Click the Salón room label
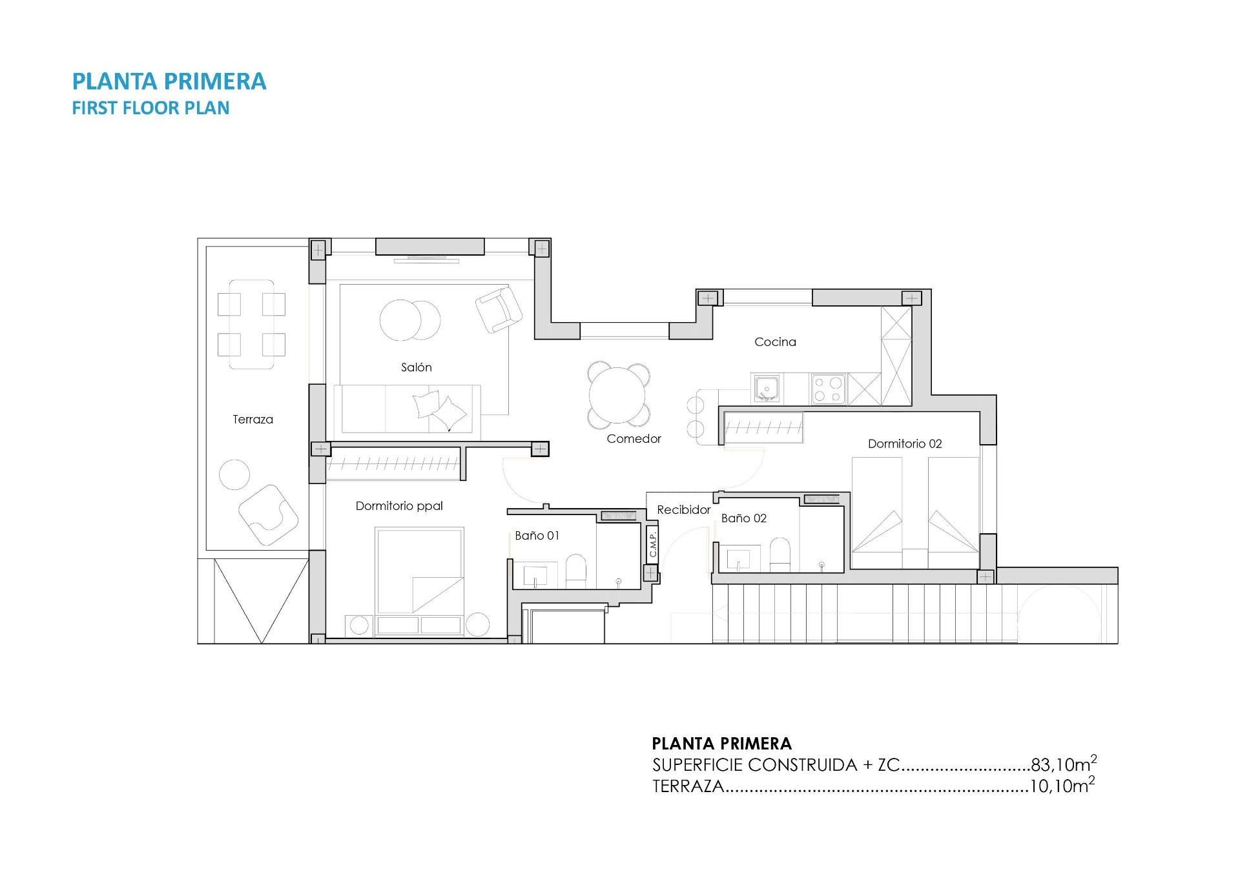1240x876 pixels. point(416,367)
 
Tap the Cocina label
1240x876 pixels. point(775,342)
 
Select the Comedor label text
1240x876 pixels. point(634,439)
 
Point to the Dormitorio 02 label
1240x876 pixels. point(904,443)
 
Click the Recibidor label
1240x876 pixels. point(683,510)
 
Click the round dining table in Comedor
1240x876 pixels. point(617,395)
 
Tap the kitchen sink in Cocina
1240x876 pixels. point(766,389)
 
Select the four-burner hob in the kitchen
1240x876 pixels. point(828,389)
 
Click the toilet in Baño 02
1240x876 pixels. point(780,555)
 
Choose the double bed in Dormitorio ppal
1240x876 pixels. point(420,571)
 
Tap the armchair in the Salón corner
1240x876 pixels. point(498,309)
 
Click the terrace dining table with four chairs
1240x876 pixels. point(251,324)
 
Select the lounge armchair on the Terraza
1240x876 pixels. point(268,514)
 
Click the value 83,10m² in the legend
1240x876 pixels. point(1063,764)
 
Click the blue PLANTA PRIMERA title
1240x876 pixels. point(169,81)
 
